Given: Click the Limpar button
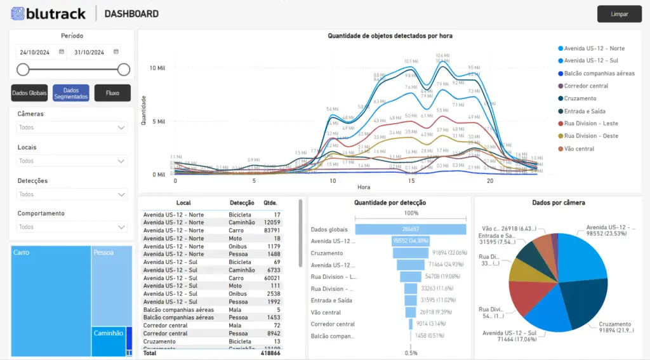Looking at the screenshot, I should [619, 14].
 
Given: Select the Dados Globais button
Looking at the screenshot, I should [29, 93].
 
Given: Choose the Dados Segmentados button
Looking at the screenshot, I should [71, 93].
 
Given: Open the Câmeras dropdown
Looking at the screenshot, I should [72, 128].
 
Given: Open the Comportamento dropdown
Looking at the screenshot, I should [72, 227].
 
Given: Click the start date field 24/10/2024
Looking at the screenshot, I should [36, 53].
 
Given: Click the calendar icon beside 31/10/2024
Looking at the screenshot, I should [116, 52].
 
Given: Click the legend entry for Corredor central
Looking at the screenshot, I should [586, 86].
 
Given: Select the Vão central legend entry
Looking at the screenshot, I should [579, 149].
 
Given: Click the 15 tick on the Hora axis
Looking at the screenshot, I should [411, 181].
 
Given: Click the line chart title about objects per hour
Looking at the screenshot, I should [390, 36].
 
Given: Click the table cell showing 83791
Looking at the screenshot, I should [272, 230].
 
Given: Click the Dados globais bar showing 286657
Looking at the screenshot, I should [410, 229].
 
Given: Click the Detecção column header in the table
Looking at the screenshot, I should [242, 203].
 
